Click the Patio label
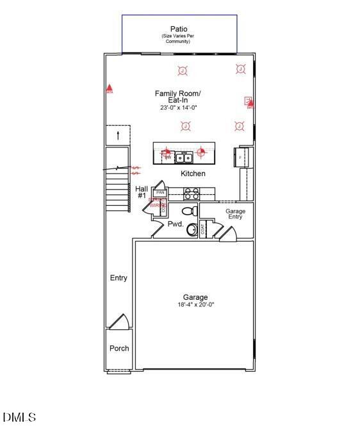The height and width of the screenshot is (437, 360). pos(179,29)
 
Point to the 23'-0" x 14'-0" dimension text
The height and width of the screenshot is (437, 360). pos(179,108)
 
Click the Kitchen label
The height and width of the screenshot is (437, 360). pos(193,174)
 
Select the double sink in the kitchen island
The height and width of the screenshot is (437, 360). pos(184,157)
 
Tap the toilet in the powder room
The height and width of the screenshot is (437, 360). pos(190,210)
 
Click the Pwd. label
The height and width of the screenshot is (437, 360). pos(176,224)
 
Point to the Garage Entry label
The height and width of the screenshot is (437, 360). pos(234,214)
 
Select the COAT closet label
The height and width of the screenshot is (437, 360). pos(203,230)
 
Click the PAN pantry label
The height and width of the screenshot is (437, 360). pos(160,192)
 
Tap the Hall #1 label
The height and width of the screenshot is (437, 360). pos(142,192)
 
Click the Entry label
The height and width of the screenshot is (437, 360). pos(119,278)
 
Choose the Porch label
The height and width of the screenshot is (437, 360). pos(119,349)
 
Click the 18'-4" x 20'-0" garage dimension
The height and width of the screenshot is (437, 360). pos(195,305)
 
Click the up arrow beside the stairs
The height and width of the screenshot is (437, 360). pos(118,135)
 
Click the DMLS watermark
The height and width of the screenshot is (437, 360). pos(19,418)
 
